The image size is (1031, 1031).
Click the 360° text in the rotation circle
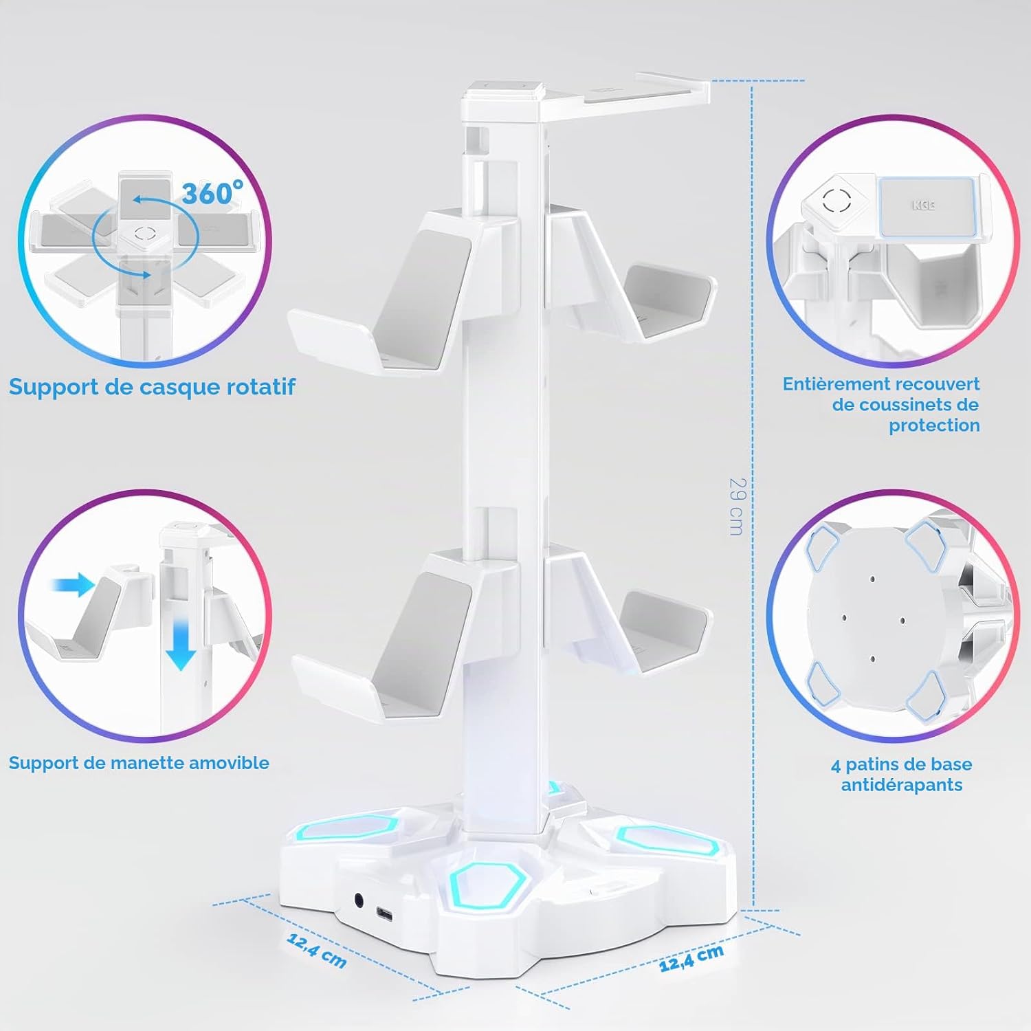coord(212,193)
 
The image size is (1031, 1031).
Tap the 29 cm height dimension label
coord(736,507)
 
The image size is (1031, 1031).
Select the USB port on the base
coord(384,915)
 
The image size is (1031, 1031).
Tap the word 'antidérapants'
coord(902,785)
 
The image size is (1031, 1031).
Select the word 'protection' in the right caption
coord(934,425)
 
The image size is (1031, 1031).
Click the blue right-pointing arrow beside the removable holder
coord(72,586)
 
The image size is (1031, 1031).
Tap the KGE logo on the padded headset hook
coord(924,206)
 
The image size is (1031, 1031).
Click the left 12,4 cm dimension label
coord(317,949)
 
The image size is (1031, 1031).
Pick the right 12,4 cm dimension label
coord(691,957)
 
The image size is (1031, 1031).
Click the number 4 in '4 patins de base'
coord(836,764)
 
